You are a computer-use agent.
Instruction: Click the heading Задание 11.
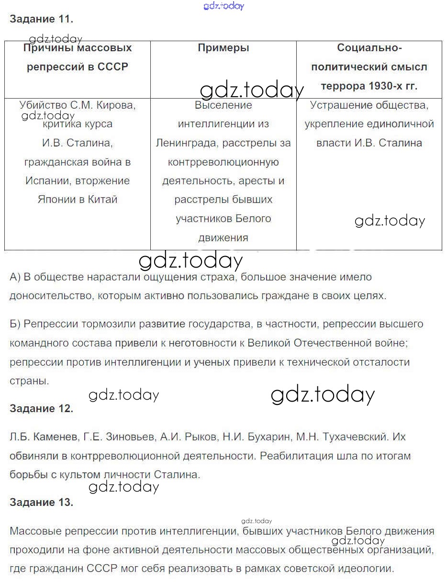point(41,19)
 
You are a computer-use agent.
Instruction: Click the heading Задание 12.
point(41,408)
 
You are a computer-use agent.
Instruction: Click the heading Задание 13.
point(41,502)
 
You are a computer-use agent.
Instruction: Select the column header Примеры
point(223,48)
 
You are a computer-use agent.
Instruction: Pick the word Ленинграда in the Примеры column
point(185,143)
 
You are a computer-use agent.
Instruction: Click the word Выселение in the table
point(223,105)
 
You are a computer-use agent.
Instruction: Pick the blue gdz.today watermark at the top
point(223,6)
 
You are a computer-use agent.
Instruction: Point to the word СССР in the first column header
point(113,67)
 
